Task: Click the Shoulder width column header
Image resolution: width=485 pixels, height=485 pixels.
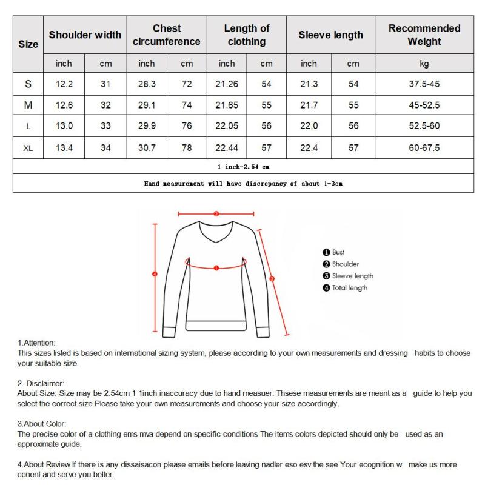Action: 85,35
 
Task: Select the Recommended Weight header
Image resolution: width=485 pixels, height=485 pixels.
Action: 424,35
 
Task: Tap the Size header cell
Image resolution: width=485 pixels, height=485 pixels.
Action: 28,44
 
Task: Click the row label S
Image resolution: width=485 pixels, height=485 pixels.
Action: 28,84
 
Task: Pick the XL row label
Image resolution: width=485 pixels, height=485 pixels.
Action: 28,148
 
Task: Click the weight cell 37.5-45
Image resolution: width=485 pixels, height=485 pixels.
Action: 424,84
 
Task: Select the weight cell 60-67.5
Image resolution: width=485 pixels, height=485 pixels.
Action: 424,148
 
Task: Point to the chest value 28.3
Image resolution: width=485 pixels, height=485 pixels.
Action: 147,84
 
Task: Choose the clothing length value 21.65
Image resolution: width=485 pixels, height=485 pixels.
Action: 227,105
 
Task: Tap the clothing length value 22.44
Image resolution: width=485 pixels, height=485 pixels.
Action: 227,148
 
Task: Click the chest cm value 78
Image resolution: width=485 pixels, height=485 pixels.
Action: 187,148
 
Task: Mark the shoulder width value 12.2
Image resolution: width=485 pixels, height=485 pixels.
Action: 64,84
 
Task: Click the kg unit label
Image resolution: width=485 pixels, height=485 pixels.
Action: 424,64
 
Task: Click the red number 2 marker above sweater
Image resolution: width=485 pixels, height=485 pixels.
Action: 216,213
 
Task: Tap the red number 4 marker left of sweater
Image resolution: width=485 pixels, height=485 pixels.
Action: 155,274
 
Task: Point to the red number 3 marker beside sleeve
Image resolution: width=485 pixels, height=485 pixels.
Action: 272,279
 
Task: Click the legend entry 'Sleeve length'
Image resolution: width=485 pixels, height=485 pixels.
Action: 352,276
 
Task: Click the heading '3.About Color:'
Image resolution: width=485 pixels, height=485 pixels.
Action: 42,424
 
